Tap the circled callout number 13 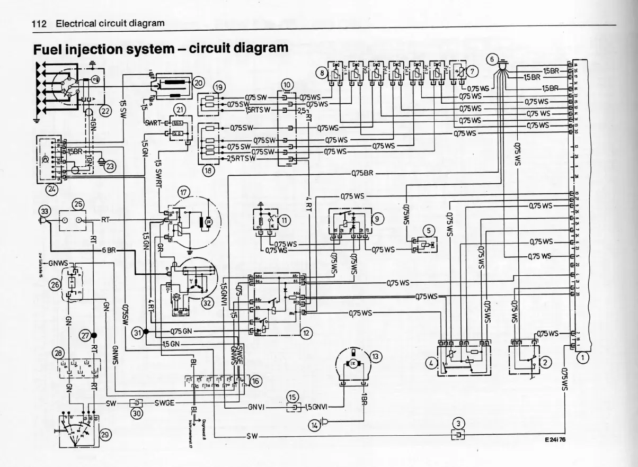[x=375, y=356]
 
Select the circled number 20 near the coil [x=198, y=83]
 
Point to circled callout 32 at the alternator [x=207, y=303]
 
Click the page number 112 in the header [x=40, y=24]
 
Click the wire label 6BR [x=109, y=250]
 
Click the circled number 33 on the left [x=44, y=212]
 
